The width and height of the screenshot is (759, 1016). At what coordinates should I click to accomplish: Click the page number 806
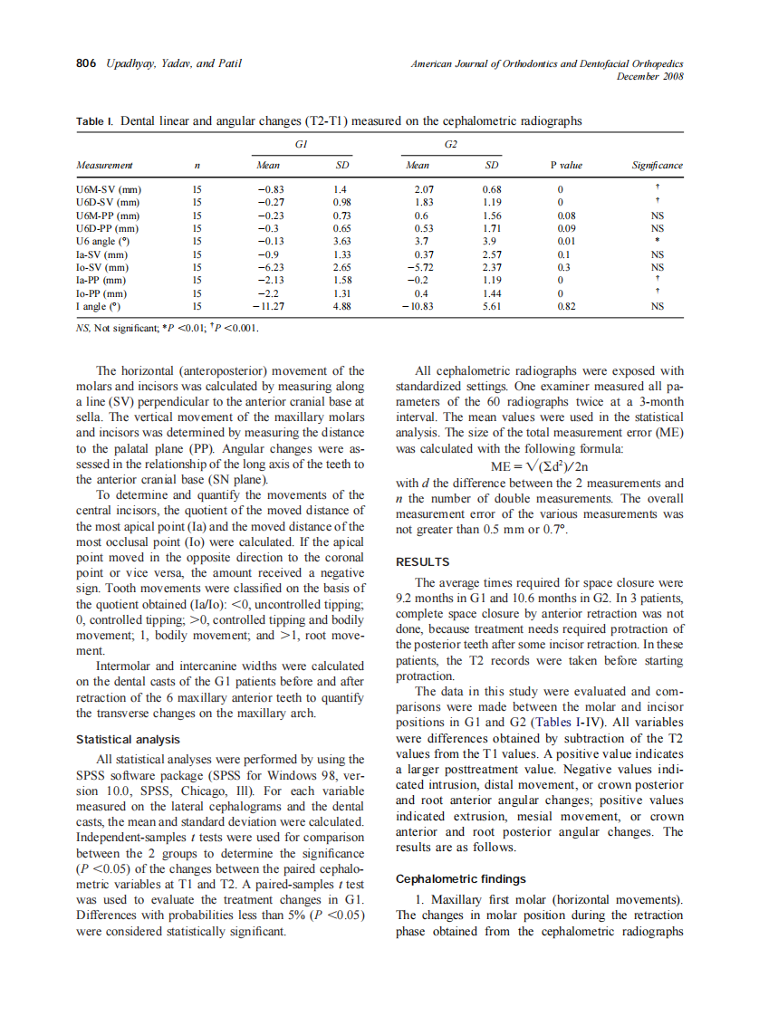click(86, 63)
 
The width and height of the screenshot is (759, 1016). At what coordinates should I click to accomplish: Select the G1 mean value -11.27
click(269, 307)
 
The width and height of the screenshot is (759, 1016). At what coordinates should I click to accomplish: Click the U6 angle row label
click(101, 242)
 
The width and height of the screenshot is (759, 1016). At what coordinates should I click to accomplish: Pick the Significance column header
click(657, 166)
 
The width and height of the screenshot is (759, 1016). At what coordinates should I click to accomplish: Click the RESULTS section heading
click(423, 561)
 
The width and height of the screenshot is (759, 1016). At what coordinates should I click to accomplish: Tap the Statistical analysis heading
click(129, 740)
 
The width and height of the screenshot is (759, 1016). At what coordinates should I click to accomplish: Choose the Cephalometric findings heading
click(461, 878)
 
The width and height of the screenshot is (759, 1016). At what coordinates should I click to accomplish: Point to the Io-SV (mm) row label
click(101, 268)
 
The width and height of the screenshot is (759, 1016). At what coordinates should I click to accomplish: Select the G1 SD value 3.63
click(341, 242)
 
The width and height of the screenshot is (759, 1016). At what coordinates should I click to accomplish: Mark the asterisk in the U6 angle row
click(658, 243)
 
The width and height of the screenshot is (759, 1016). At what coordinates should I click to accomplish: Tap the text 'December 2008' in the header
click(649, 76)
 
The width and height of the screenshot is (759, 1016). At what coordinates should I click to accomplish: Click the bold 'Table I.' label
click(95, 120)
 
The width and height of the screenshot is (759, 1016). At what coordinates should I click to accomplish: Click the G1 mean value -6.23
click(271, 268)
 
